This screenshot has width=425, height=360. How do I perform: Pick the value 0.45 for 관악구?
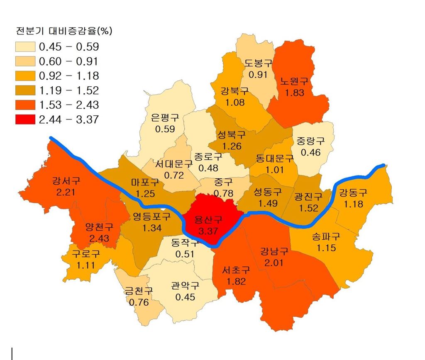tap(186, 297)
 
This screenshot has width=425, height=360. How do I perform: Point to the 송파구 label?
tap(326, 237)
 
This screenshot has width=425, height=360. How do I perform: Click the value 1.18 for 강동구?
tap(353, 204)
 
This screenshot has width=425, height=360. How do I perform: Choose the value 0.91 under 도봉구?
tap(258, 75)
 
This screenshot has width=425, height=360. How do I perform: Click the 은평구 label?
tap(165, 118)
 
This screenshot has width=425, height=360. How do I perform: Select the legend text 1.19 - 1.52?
tap(69, 90)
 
